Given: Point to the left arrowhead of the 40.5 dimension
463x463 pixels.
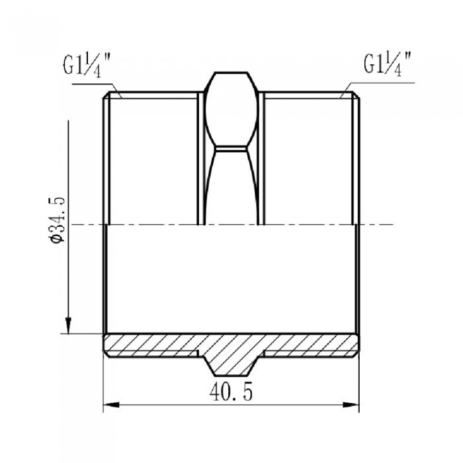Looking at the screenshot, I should point(109,404).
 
